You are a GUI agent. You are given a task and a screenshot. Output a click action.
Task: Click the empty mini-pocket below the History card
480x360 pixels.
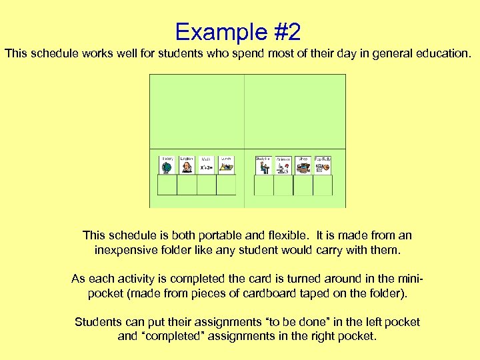(x=167, y=185)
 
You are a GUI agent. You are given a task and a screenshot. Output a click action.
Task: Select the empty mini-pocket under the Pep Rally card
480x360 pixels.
(x=323, y=185)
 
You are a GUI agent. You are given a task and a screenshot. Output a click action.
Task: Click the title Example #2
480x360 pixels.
(x=238, y=31)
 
